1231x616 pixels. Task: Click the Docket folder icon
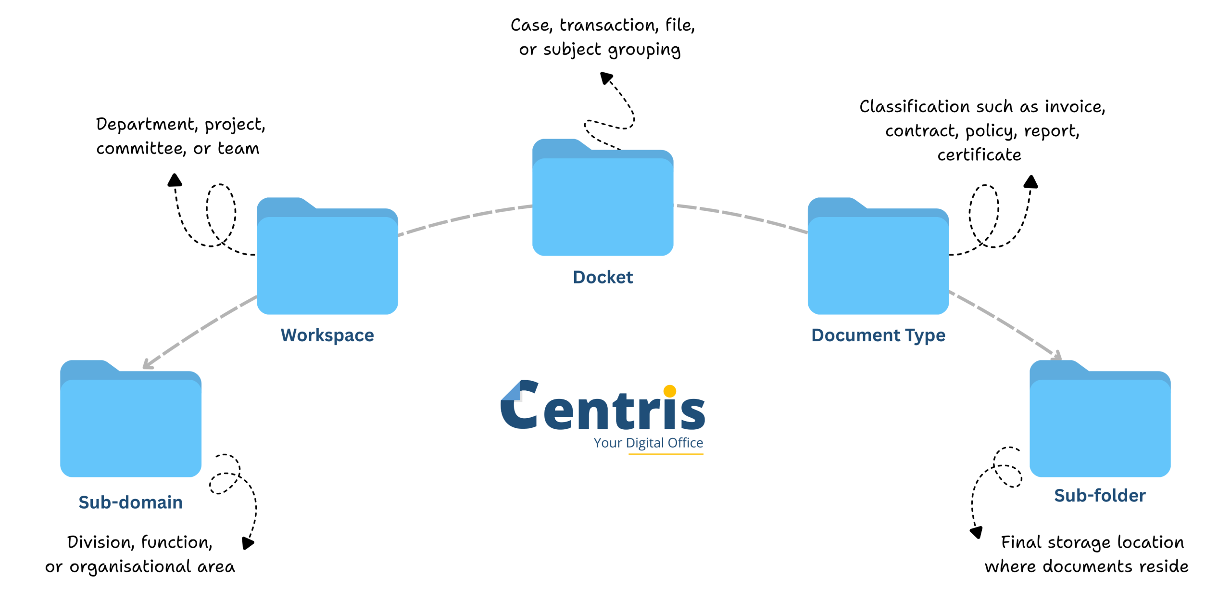pyautogui.click(x=603, y=202)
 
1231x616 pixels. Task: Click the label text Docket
pyautogui.click(x=603, y=277)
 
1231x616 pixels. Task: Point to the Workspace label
pyautogui.click(x=327, y=335)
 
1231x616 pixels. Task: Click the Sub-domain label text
pyautogui.click(x=130, y=502)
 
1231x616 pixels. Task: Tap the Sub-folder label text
pyautogui.click(x=1100, y=496)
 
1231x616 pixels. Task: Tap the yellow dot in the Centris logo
pyautogui.click(x=669, y=391)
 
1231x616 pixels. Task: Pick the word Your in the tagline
pyautogui.click(x=608, y=443)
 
